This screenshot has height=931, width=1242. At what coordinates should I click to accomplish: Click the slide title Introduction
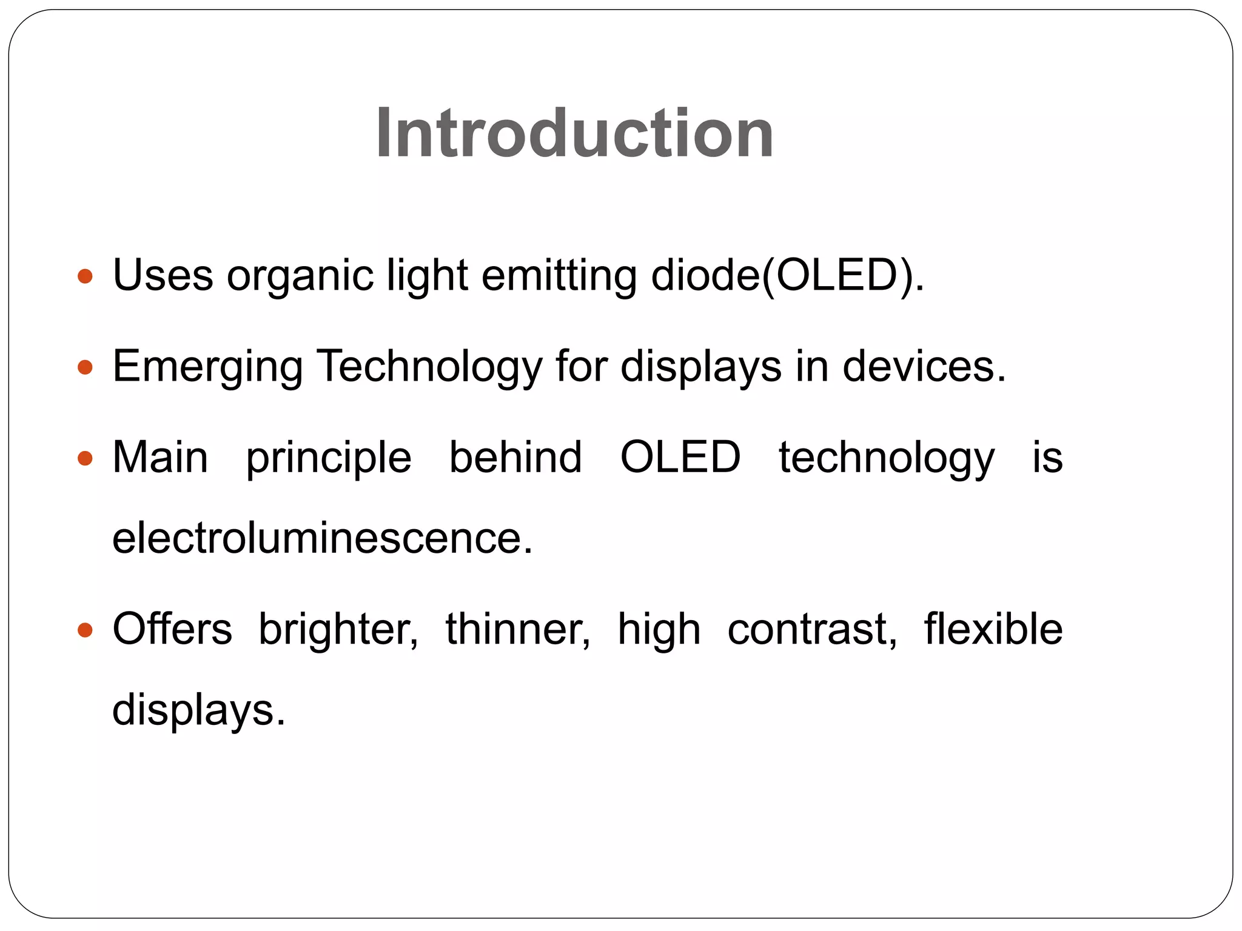click(574, 133)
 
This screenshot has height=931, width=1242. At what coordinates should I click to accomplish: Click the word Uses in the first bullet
click(163, 276)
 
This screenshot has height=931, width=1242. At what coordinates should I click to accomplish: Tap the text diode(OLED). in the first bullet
click(787, 276)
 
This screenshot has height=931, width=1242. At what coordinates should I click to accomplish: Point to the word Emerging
click(207, 368)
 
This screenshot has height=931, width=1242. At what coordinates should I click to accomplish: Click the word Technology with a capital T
click(430, 368)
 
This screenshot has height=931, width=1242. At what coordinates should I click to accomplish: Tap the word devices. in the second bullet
click(924, 367)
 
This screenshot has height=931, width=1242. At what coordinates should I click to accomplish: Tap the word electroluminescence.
click(323, 538)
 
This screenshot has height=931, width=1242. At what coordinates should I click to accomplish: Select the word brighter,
click(338, 630)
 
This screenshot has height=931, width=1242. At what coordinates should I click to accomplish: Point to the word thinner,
click(518, 629)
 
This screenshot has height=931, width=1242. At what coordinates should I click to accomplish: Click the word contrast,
click(812, 629)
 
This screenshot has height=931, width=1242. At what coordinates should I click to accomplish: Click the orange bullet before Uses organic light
click(86, 277)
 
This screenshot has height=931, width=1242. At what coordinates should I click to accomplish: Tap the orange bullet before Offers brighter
click(86, 630)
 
